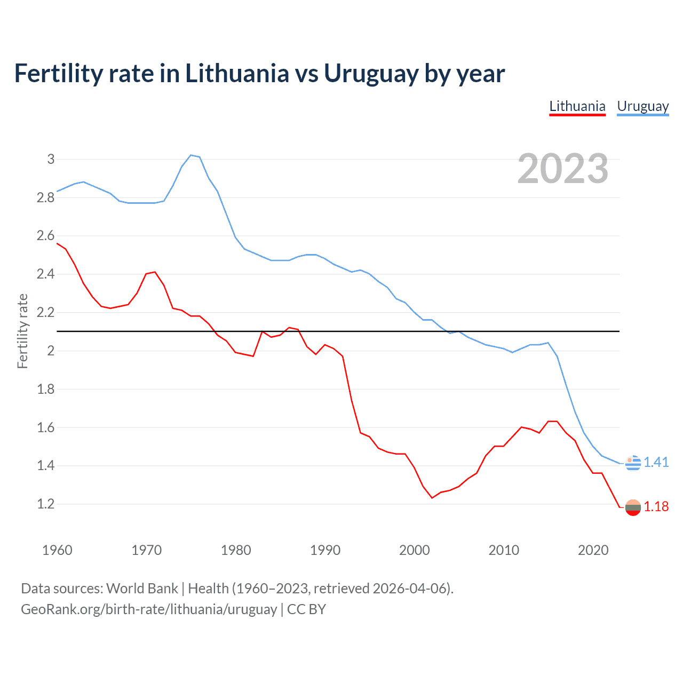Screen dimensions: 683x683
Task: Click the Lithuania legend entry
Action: click(x=577, y=106)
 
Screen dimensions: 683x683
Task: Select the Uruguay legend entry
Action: click(x=642, y=106)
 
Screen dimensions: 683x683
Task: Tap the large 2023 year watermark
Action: click(x=563, y=169)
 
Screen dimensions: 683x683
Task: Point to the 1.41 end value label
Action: click(x=656, y=462)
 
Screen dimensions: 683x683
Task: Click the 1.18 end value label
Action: click(x=656, y=506)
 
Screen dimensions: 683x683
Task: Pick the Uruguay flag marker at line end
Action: click(x=633, y=463)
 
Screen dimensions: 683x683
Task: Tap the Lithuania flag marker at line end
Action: click(x=633, y=507)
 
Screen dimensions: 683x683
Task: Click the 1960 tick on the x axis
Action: click(x=57, y=550)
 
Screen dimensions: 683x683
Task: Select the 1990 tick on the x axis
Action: click(x=325, y=550)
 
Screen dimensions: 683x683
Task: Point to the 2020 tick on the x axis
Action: click(x=593, y=550)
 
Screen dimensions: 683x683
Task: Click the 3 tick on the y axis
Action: click(x=51, y=159)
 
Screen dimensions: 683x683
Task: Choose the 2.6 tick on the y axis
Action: click(x=45, y=236)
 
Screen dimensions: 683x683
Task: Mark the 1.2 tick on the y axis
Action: click(x=45, y=504)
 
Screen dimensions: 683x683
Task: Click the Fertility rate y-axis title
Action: click(x=22, y=331)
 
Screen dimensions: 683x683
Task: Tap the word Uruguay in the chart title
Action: click(x=371, y=74)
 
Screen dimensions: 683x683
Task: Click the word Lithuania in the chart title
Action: click(x=237, y=74)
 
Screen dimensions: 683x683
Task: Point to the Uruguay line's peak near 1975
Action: click(x=191, y=155)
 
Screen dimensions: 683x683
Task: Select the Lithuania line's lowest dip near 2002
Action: click(x=432, y=498)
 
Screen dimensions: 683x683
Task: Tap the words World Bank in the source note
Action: click(x=142, y=589)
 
